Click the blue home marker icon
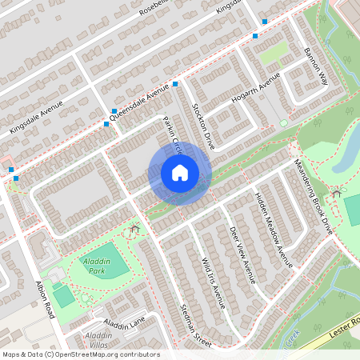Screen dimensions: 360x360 point(180,173)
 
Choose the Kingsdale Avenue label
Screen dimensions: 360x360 point(35,117)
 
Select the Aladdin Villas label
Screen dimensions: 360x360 point(99,339)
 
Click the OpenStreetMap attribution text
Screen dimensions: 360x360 point(81,354)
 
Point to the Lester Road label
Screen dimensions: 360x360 point(341,324)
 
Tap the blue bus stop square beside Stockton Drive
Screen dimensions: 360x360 point(174,83)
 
